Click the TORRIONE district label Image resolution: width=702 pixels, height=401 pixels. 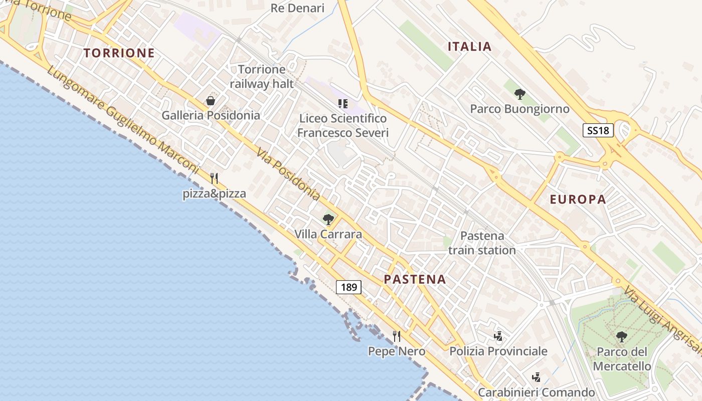pos(119,53)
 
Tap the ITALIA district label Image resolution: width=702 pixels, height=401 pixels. pos(469,47)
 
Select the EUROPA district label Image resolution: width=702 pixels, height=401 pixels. pos(578,199)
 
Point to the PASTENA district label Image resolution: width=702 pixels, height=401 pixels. pos(415,279)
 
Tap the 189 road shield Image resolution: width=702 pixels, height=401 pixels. pos(348,287)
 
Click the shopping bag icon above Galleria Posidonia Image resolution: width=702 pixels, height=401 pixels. pos(211,101)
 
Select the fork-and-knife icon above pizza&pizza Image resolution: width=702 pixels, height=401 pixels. pos(214,178)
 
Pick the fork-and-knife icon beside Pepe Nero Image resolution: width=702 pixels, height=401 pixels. pos(397,336)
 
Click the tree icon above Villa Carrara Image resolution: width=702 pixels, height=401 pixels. pos(328,219)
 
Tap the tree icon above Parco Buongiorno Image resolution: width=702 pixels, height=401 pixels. pos(520,94)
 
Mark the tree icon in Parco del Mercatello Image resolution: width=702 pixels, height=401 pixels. pos(622,337)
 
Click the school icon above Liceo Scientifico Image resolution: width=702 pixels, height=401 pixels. pos(343,104)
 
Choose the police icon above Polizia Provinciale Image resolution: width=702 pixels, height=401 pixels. pos(498,336)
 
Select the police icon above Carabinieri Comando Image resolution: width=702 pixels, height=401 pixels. pos(536,377)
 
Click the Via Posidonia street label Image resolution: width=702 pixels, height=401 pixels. pos(288,173)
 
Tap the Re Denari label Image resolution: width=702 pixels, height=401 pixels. pos(297,8)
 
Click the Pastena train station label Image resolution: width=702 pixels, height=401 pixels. pos(482,243)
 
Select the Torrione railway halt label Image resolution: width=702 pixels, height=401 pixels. pos(262,76)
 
